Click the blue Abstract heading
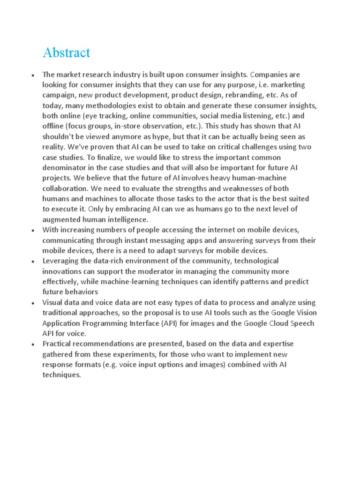coord(66,53)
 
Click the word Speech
coord(300,323)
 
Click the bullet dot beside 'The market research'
coord(32,75)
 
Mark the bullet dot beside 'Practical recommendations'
coord(32,344)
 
